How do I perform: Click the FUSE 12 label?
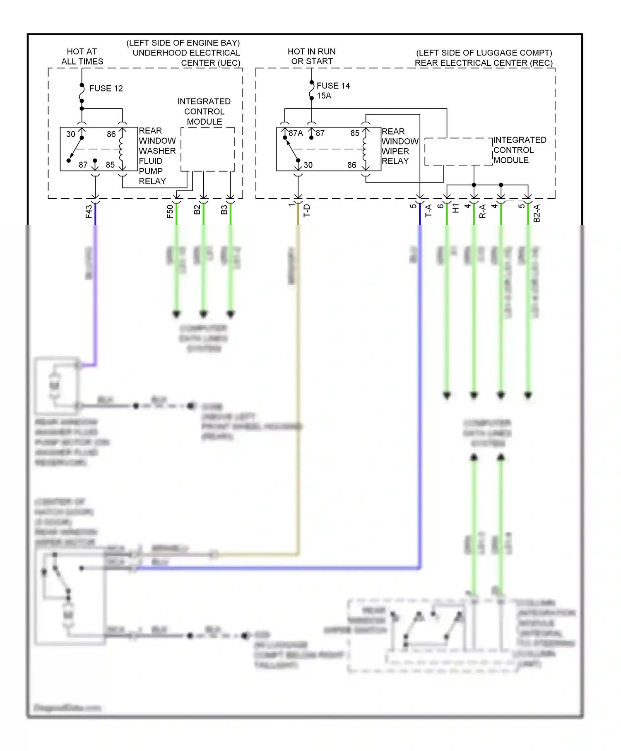106,89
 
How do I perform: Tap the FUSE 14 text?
333,86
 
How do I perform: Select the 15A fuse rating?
324,96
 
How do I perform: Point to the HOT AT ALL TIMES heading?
82,56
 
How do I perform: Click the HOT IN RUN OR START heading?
312,56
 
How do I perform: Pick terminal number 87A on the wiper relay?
296,133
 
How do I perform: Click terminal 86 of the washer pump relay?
111,134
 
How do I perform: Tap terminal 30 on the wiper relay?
308,165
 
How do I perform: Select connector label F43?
89,212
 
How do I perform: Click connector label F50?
170,212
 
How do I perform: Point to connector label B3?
224,210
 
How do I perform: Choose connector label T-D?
307,211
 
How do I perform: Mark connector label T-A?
428,211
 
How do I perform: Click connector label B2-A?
537,213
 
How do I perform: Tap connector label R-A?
482,212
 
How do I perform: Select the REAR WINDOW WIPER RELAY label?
400,146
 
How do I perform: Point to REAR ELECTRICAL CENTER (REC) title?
484,63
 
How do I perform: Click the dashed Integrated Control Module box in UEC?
208,149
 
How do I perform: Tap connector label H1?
455,208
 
